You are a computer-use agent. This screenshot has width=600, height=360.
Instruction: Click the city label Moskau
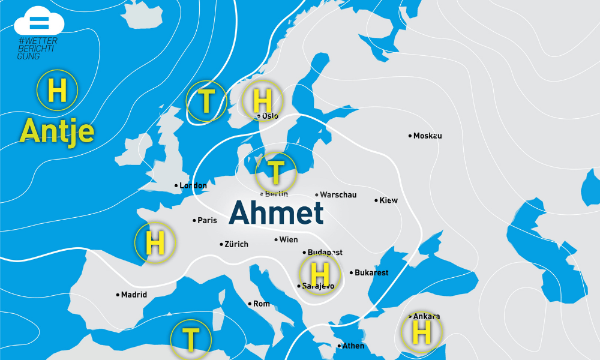pyautogui.click(x=427, y=136)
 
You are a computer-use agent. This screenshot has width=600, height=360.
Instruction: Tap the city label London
pyautogui.click(x=193, y=186)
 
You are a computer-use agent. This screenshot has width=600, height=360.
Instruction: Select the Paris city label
pyautogui.click(x=207, y=221)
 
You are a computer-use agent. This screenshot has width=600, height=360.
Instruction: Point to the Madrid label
pyautogui.click(x=133, y=295)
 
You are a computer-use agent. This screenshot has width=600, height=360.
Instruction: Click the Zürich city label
pyautogui.click(x=236, y=244)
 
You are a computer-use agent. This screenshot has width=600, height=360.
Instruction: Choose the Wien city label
pyautogui.click(x=288, y=240)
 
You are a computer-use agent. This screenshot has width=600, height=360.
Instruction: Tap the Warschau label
pyautogui.click(x=338, y=195)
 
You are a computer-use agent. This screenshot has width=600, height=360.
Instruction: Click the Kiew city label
pyautogui.click(x=388, y=200)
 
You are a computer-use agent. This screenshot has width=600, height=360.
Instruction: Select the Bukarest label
pyautogui.click(x=371, y=273)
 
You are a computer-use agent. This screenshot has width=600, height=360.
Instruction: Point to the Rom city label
pyautogui.click(x=261, y=304)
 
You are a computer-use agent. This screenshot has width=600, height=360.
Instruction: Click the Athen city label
pyautogui.click(x=353, y=346)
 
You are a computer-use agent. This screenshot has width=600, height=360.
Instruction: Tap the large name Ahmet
pyautogui.click(x=276, y=213)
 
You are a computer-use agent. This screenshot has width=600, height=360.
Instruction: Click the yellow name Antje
pyautogui.click(x=58, y=130)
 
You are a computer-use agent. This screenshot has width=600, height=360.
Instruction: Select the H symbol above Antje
pyautogui.click(x=57, y=91)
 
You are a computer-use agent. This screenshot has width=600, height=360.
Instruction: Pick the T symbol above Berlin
pyautogui.click(x=276, y=172)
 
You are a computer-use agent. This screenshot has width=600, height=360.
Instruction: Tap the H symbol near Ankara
pyautogui.click(x=421, y=332)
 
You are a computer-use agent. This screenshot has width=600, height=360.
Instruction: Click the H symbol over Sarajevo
pyautogui.click(x=320, y=274)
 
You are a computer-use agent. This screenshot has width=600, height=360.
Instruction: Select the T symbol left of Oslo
pyautogui.click(x=206, y=101)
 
